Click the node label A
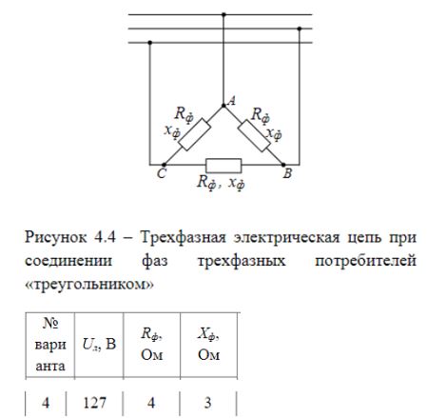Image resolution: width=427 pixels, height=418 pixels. [x=232, y=101]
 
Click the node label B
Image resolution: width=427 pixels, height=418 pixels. [x=287, y=173]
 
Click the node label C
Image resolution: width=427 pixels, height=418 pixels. [x=162, y=173]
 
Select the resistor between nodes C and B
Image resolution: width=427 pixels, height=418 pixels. [x=223, y=166]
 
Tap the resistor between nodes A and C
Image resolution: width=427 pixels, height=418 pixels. [x=194, y=134]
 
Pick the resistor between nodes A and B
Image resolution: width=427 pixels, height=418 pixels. [x=254, y=135]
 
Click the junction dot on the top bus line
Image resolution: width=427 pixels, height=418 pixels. [x=223, y=14]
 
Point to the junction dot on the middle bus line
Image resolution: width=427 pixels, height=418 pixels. [x=300, y=29]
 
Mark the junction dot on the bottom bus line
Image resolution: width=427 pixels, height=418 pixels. [x=150, y=43]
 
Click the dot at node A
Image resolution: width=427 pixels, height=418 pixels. [x=223, y=106]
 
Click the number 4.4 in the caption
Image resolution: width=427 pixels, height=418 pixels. [x=105, y=237]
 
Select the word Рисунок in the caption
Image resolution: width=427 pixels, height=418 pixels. [x=56, y=238]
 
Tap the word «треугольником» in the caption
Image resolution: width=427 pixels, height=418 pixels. [x=89, y=285]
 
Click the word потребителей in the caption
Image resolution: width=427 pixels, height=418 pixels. [x=365, y=261]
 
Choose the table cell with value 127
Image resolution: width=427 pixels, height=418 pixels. [x=94, y=403]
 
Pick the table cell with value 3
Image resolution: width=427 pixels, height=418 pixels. [x=207, y=403]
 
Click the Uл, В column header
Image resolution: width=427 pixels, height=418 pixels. [x=99, y=345]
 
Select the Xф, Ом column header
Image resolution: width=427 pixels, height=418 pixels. [x=208, y=345]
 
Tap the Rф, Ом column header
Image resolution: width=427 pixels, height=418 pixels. [x=152, y=345]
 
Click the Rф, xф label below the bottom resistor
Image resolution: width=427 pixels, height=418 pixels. [x=221, y=183]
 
